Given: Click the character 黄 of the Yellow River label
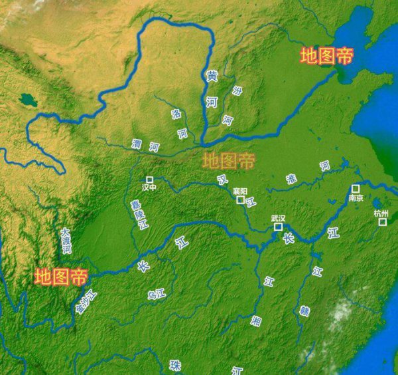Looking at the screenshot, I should coord(212,76).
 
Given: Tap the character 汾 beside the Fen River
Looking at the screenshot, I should coord(237,91).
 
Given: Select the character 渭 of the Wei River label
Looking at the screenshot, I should coord(137,144).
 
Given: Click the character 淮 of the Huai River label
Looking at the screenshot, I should coord(291,178).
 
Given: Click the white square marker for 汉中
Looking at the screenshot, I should coord(150,180).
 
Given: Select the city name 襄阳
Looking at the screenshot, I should coord(239,191).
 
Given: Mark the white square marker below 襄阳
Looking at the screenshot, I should coord(240,199).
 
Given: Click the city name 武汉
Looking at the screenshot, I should coord(278,218).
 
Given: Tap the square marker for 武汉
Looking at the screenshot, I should coord(279,227).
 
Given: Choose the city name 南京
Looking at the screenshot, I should coord(356,198).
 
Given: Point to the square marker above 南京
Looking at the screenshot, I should coord(356,189).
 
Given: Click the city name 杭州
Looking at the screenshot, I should coord(381,213).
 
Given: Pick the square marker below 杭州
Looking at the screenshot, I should coord(382,222).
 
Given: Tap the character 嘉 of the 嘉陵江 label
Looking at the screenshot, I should coord(135,203).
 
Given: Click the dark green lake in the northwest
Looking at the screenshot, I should coord(27,100).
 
